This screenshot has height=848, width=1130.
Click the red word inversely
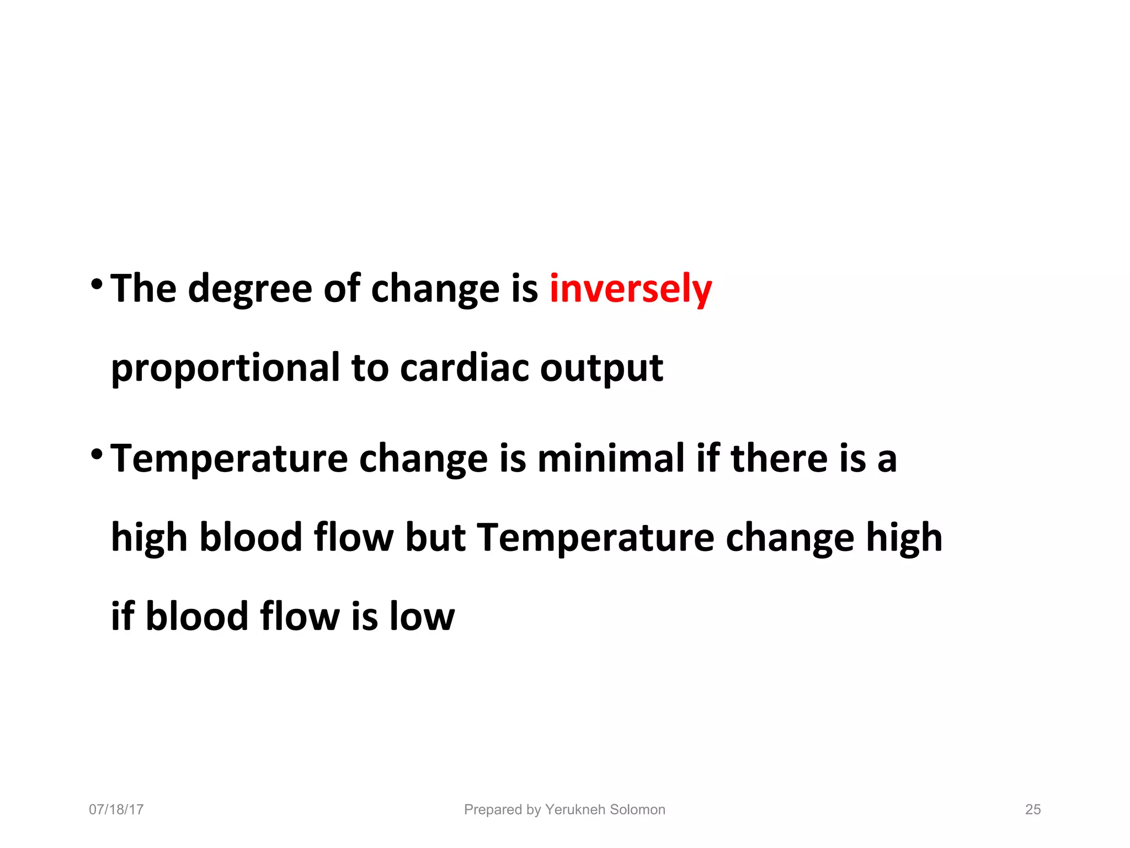630,289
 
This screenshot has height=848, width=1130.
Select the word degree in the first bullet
250,290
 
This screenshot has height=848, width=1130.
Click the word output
601,369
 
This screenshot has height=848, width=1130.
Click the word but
435,537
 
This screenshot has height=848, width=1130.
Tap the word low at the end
422,616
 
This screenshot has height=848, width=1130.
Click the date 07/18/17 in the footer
116,809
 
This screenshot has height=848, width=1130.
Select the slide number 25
1033,809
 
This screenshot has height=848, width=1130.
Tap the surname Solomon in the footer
638,809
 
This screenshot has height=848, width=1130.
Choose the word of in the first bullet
342,289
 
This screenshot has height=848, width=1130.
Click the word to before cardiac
370,369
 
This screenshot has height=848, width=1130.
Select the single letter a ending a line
887,459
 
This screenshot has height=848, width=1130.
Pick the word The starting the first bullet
143,289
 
